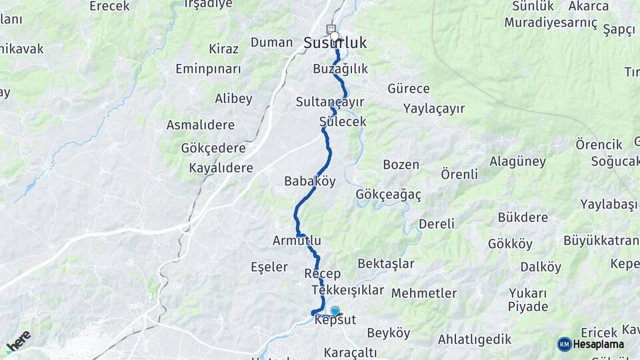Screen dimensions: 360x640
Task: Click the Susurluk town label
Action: (x=335, y=43)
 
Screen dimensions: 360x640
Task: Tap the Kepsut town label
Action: (x=335, y=321)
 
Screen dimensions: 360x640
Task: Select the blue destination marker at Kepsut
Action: (x=335, y=310)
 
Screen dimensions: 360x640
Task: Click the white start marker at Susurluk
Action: (x=335, y=36)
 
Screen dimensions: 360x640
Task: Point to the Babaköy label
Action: (x=309, y=181)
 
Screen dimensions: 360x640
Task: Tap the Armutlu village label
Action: (x=297, y=240)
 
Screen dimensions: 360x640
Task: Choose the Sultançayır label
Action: (x=330, y=102)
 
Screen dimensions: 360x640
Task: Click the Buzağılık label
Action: (x=340, y=69)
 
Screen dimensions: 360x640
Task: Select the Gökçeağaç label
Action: (x=389, y=193)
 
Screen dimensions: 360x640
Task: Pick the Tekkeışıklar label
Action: (x=347, y=290)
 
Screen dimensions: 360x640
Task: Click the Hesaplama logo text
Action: (x=599, y=344)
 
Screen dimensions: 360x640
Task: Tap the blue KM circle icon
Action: (x=564, y=344)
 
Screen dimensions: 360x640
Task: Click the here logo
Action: (x=18, y=341)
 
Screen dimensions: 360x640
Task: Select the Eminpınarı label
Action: (x=208, y=69)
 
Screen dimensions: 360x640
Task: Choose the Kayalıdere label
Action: (x=221, y=168)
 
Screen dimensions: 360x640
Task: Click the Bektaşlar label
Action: (x=386, y=264)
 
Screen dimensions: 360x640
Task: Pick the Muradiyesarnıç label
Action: (x=551, y=22)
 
